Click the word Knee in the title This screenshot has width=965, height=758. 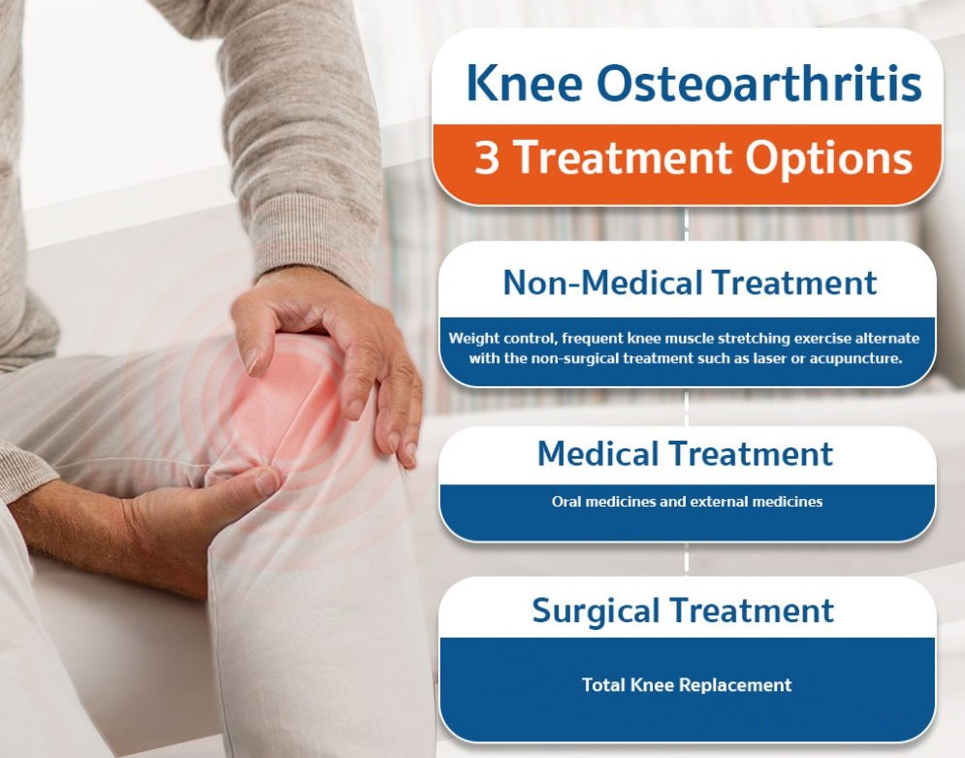pyautogui.click(x=524, y=83)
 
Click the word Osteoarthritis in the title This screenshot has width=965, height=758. pyautogui.click(x=758, y=82)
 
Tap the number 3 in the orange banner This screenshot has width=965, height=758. pyautogui.click(x=486, y=158)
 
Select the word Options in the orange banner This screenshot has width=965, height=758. pyautogui.click(x=829, y=159)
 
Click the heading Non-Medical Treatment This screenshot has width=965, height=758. pyautogui.click(x=690, y=282)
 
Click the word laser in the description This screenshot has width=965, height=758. pyautogui.click(x=770, y=358)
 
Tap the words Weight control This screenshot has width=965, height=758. pyautogui.click(x=502, y=339)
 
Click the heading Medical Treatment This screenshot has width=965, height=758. pyautogui.click(x=685, y=454)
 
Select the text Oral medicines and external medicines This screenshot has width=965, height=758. pyautogui.click(x=687, y=502)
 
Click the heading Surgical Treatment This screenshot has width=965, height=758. pyautogui.click(x=683, y=610)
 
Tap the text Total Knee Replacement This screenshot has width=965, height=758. pyautogui.click(x=687, y=685)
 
